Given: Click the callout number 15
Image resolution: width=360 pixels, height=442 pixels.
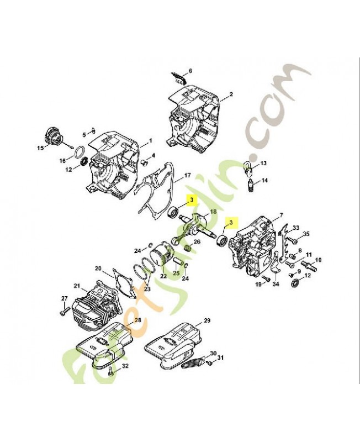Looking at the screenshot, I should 40,148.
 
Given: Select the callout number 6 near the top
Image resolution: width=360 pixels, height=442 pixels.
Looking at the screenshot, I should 190,71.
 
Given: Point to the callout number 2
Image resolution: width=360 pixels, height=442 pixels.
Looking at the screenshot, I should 231,94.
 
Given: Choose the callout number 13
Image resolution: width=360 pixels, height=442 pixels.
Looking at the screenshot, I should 263,164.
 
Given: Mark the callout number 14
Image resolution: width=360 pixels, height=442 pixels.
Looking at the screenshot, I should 264,180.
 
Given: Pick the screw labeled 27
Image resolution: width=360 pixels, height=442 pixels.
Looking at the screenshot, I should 61,311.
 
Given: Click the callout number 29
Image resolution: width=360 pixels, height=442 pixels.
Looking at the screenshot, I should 207,321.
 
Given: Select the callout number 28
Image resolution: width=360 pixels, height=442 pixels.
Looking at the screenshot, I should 137,320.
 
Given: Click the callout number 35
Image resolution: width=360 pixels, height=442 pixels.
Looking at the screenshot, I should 306,234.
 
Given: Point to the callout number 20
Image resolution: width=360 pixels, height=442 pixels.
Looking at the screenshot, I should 99,269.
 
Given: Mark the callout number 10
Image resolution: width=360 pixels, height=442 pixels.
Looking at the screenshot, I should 318,259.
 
